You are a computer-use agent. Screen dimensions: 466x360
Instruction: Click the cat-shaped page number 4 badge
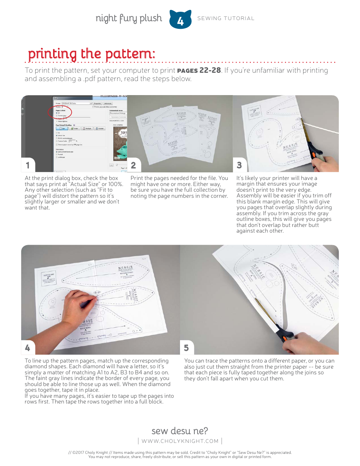[x=180, y=19]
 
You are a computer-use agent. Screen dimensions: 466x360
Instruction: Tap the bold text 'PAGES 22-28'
[x=199, y=70]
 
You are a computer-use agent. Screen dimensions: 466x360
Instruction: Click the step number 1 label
[x=27, y=165]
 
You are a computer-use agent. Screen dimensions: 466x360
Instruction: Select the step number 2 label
[x=133, y=165]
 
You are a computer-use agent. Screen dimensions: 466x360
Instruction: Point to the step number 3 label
[x=239, y=165]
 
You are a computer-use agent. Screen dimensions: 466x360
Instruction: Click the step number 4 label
[x=27, y=347]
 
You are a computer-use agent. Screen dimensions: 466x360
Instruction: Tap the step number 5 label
[x=186, y=347]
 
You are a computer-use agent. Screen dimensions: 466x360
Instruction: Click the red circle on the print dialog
[x=60, y=113]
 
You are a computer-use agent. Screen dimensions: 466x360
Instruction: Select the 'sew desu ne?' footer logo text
[x=180, y=431]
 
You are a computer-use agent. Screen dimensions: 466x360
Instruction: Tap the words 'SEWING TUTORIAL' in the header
[x=226, y=18]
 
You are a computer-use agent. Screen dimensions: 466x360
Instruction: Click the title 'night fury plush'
[x=128, y=18]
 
